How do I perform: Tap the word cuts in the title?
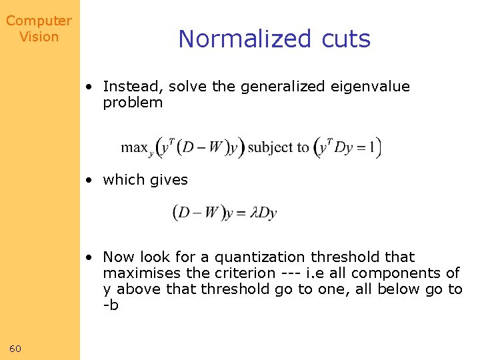(345, 39)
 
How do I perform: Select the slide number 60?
(16, 349)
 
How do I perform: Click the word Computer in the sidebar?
(39, 21)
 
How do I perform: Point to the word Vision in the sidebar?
(39, 37)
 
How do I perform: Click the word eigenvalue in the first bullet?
(373, 87)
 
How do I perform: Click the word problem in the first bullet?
(133, 103)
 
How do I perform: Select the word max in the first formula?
(134, 147)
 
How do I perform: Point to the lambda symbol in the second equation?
(253, 213)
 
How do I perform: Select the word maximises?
(138, 273)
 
